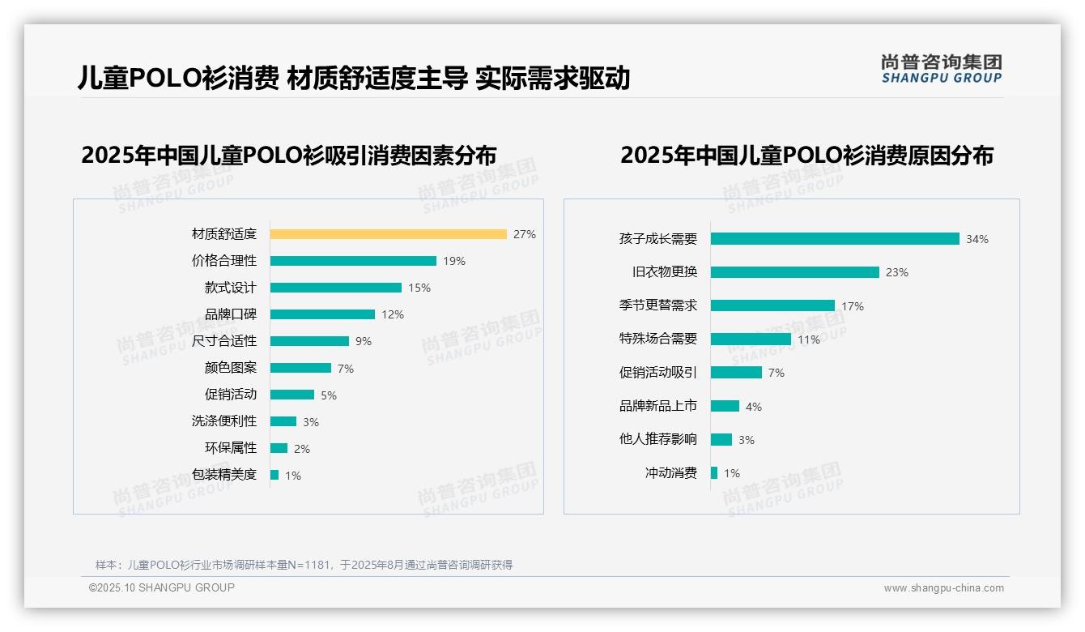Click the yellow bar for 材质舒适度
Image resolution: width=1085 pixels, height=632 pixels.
(388, 234)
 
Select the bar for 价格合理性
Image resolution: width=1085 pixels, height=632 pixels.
(353, 261)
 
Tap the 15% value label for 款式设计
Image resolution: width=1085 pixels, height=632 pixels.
(419, 288)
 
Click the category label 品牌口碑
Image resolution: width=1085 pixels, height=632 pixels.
(230, 314)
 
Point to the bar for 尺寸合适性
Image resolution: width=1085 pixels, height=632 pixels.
(309, 341)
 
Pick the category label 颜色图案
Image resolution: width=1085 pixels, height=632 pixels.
(230, 368)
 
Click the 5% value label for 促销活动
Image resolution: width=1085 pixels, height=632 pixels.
(328, 395)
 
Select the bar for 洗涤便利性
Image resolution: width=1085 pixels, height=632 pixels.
(283, 421)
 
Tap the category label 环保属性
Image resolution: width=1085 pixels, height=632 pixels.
(230, 448)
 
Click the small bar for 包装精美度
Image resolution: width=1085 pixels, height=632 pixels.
(274, 475)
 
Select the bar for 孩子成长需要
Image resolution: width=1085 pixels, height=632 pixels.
(835, 239)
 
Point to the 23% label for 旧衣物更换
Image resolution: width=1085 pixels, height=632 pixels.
(897, 272)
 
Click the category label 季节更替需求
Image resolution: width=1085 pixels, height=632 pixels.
(657, 305)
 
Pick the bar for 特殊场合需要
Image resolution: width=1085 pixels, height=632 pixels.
(751, 339)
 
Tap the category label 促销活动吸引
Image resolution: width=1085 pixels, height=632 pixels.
(657, 373)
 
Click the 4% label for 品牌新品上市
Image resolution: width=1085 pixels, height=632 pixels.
(754, 407)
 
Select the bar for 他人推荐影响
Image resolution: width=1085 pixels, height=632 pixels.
(721, 439)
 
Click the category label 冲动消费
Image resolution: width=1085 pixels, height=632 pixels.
(670, 473)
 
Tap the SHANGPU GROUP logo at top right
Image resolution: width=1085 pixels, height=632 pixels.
(941, 69)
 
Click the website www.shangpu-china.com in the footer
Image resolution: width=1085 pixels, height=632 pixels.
(943, 588)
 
